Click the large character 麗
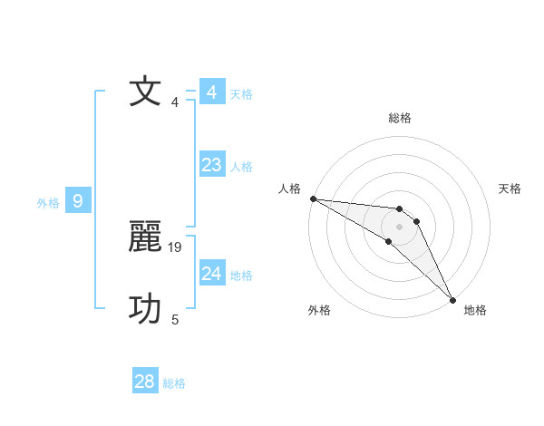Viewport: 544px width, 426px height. coord(146,237)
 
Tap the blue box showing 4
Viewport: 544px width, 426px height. coord(211,92)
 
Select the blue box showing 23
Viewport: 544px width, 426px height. coord(211,165)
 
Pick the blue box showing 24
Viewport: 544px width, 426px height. coord(211,274)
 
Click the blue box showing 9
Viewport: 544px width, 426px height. coord(78,201)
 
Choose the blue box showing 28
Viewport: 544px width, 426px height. coord(144,382)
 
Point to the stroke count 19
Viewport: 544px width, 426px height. coord(176,247)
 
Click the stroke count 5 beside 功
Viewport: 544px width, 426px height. coord(175,319)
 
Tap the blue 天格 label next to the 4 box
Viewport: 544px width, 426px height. coord(241,94)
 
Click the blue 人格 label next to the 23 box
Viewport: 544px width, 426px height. coord(241,167)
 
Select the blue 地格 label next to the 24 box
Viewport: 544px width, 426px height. coord(241,276)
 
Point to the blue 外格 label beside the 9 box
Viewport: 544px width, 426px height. coord(48,204)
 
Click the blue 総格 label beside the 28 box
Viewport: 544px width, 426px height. coord(174,384)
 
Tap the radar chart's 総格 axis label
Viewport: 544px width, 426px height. coord(400,118)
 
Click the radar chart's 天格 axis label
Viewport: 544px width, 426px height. coord(510,189)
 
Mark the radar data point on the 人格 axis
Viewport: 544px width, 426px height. coord(313,198)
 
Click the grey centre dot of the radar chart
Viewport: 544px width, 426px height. coord(400,226)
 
